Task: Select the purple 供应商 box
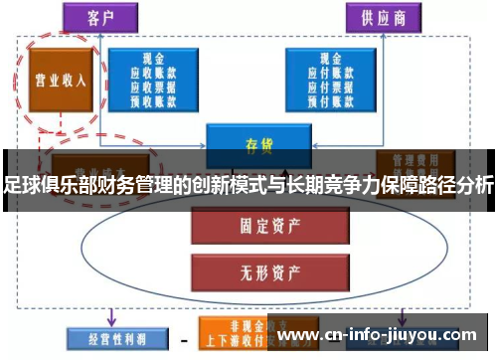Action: click(384, 17)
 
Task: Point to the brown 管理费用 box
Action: click(412, 159)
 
